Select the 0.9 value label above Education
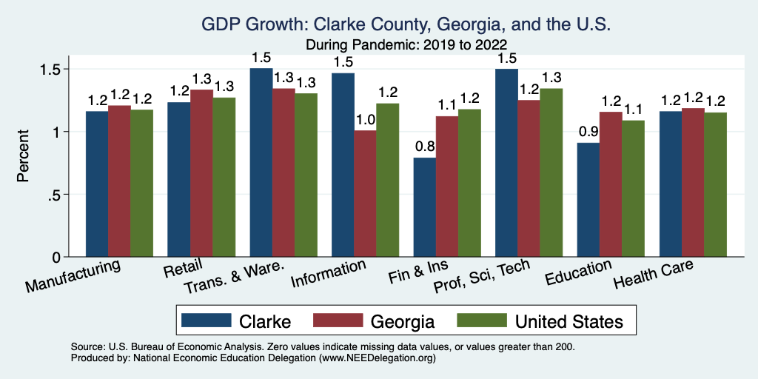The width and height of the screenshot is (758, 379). [588, 132]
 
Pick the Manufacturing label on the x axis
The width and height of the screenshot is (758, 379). [73, 275]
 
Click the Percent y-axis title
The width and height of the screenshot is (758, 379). [24, 157]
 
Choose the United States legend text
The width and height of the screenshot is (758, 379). [569, 321]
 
